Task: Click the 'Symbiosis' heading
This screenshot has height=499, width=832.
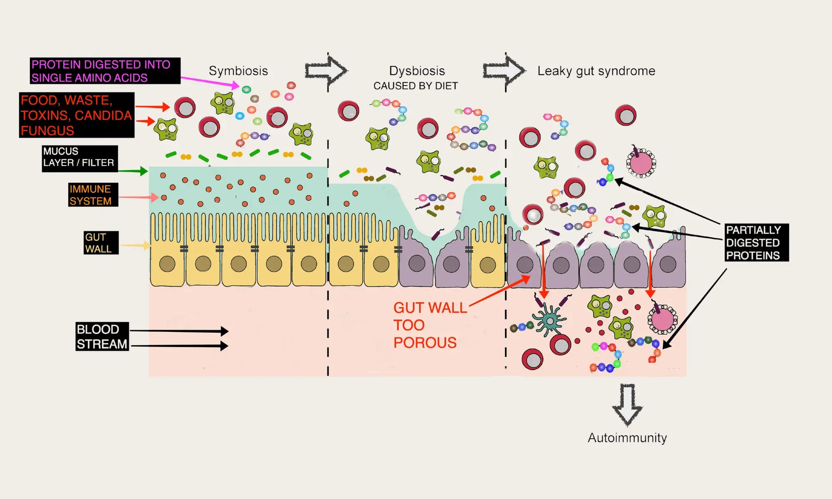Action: pos(238,71)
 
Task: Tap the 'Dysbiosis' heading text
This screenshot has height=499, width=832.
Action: pos(417,71)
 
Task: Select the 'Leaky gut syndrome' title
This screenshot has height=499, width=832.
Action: pos(596,71)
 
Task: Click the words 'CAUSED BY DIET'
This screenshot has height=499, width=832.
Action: pos(416,86)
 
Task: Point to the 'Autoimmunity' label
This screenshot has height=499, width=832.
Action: pos(627,438)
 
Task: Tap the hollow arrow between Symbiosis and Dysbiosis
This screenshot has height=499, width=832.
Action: pos(326,71)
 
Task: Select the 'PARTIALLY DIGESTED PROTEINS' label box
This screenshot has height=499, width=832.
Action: pos(756,242)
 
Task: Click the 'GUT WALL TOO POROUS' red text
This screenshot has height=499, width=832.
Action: pos(428,325)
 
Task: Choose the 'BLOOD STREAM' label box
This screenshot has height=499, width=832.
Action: pos(102,336)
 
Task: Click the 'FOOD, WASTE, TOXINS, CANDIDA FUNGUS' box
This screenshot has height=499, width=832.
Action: pos(77,115)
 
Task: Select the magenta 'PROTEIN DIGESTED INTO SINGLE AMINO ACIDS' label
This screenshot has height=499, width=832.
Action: pos(105,71)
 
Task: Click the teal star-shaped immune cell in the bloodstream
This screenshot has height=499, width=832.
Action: pos(549,320)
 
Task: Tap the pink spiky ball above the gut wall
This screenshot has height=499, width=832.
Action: pos(641,163)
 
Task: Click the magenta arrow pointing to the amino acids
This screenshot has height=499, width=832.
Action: pos(210,82)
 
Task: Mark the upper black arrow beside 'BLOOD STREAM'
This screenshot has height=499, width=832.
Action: pos(179,331)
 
